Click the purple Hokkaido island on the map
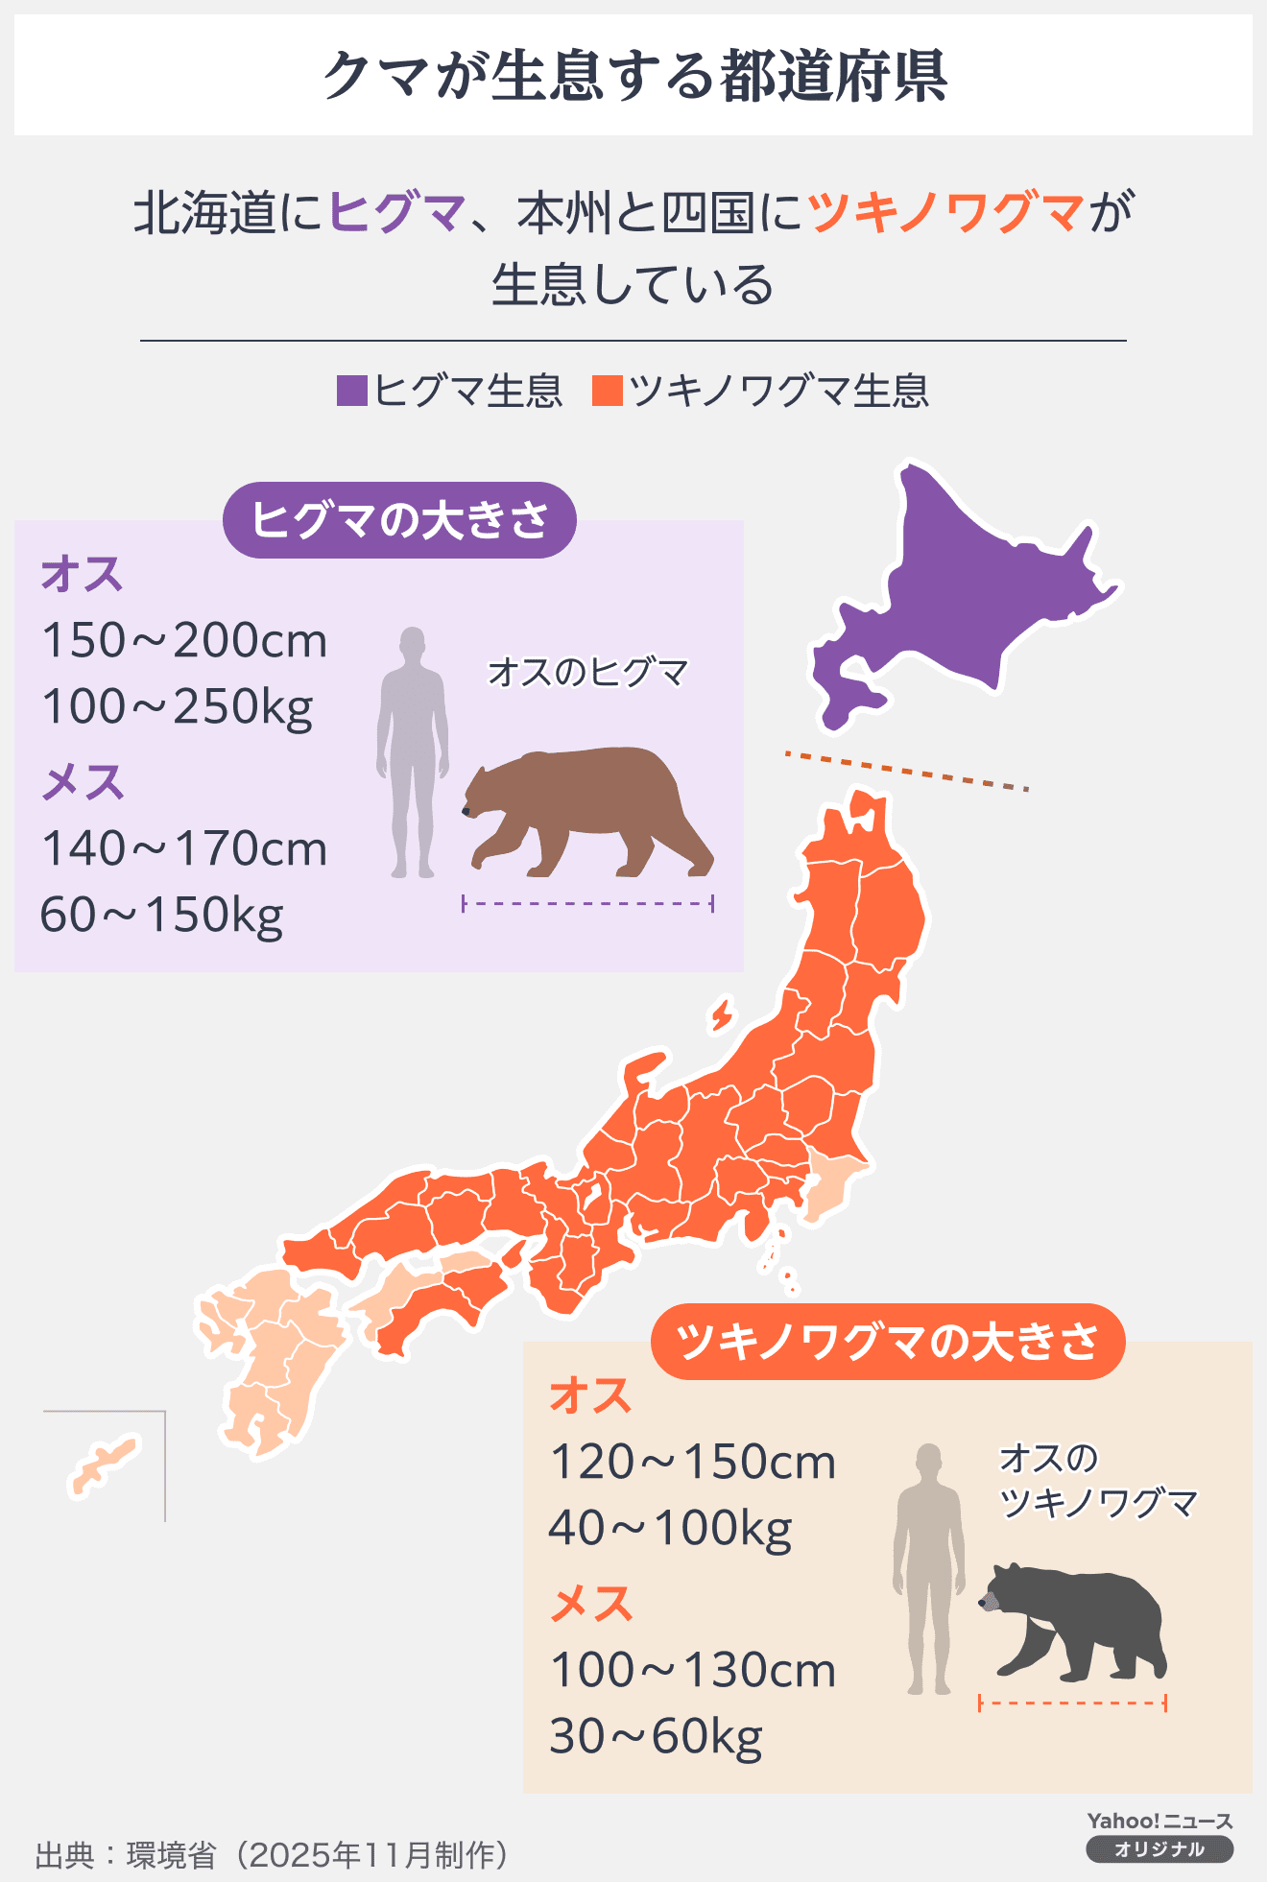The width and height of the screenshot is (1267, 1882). point(969,595)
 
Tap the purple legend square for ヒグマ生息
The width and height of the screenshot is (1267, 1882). point(352,392)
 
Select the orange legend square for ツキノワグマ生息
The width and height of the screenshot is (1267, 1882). point(608,392)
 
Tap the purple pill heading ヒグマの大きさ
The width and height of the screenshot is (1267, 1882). point(399,520)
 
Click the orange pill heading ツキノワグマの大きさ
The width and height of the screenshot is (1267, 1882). point(887,1341)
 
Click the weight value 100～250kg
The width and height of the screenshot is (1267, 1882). point(178,707)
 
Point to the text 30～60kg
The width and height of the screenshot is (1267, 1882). point(656,1736)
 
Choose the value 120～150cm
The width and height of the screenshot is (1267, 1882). point(692,1463)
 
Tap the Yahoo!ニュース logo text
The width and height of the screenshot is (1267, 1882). point(1159,1821)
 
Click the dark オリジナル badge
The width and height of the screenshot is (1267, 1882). point(1159,1849)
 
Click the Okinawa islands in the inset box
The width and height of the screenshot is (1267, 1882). point(104,1466)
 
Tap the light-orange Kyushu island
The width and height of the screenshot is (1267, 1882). point(274,1353)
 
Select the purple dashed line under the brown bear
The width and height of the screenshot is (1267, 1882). point(587,903)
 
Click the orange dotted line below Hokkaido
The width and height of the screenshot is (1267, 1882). point(906,771)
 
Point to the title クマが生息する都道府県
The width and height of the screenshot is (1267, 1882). point(633,76)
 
